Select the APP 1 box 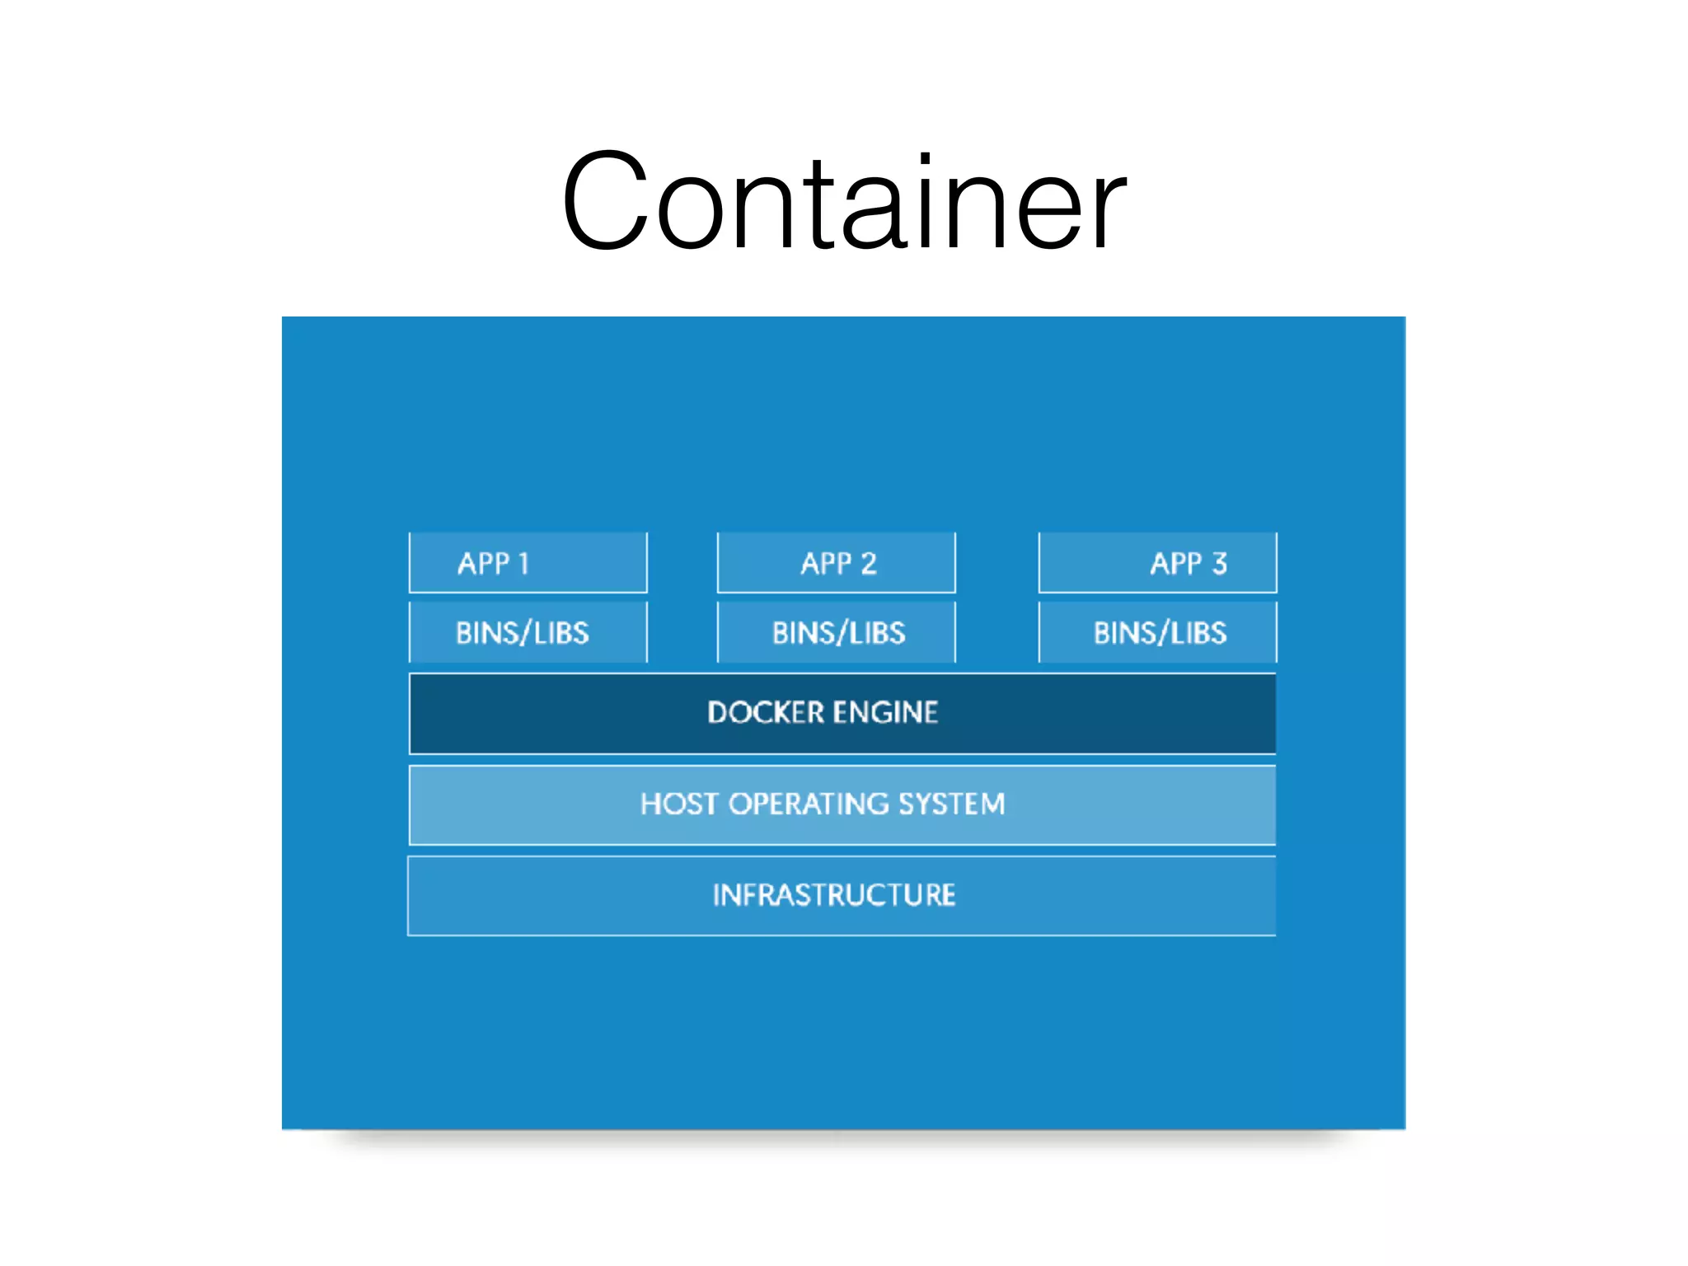[527, 563]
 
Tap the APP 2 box [836, 563]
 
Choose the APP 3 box [1157, 563]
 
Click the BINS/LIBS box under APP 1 [527, 632]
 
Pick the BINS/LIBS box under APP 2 [836, 632]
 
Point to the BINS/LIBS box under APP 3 [1157, 632]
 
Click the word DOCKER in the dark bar [765, 712]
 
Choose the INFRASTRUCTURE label [833, 895]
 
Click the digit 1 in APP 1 [523, 564]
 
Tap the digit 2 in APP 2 [869, 564]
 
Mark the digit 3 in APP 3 [1219, 564]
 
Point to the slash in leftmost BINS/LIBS [521, 633]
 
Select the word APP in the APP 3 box [1175, 564]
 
